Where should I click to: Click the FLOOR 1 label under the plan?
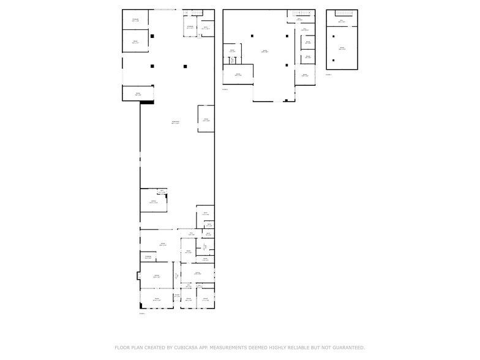point(142,313)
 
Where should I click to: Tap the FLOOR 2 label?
point(225,89)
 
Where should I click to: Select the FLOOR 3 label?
point(329,75)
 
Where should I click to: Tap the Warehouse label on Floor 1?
point(176,122)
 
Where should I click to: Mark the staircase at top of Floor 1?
point(197,12)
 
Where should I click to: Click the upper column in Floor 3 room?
point(334,36)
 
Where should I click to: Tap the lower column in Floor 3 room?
point(334,60)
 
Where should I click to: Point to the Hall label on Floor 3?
point(342,21)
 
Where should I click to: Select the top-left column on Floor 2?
point(252,36)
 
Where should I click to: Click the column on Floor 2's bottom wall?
point(286,100)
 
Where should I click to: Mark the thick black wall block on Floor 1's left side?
point(146,102)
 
